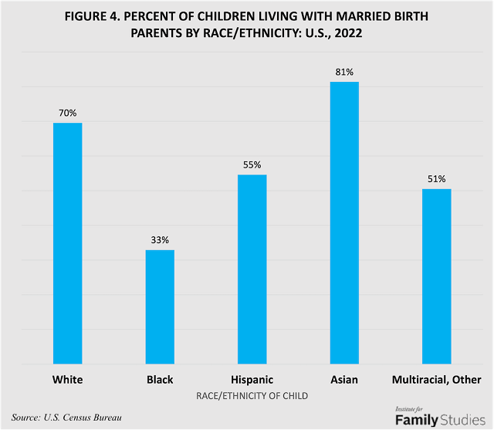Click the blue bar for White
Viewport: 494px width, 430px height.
click(67, 242)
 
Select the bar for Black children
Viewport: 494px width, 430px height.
click(160, 306)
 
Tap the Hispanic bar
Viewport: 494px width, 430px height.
click(252, 269)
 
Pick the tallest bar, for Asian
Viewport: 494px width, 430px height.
click(344, 222)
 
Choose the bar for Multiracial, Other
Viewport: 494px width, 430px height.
click(437, 276)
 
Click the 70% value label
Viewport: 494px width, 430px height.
click(67, 113)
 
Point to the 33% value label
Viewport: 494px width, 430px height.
click(160, 239)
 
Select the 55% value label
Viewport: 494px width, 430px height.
click(252, 164)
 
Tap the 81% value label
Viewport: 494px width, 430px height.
click(344, 72)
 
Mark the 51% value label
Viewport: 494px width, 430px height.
click(437, 179)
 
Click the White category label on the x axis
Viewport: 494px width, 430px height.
click(67, 380)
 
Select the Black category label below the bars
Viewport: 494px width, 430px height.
click(160, 380)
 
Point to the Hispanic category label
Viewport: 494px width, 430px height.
click(252, 380)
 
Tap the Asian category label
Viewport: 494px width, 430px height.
click(344, 380)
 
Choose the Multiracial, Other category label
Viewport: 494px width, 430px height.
click(437, 380)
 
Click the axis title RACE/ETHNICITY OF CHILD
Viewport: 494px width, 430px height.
click(252, 396)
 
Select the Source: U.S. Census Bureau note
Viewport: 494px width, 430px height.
click(66, 417)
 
